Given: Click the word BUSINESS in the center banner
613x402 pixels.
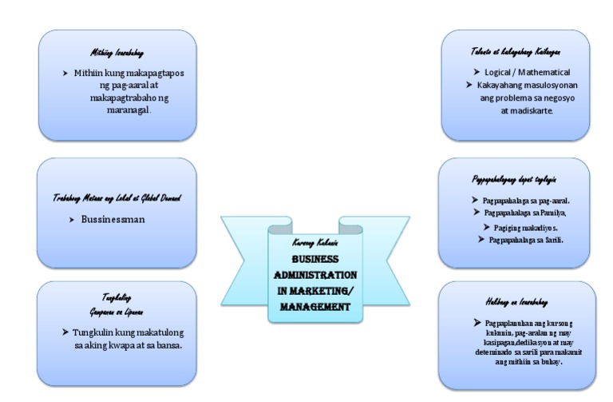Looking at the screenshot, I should [315, 260].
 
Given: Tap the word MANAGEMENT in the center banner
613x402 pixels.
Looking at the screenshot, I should [315, 306].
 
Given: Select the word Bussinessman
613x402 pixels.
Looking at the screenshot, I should [113, 218].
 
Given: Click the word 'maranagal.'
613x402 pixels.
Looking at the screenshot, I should [129, 110].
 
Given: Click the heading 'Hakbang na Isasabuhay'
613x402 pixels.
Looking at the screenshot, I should [516, 301].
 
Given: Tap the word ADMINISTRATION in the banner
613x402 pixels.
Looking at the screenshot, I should [315, 275].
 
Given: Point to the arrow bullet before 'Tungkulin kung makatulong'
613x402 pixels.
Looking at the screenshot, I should [65, 332].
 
